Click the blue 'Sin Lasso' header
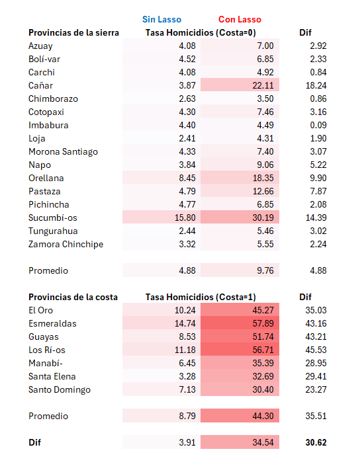pos(161,19)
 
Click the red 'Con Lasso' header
pos(240,19)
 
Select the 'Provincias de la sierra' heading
pos(73,33)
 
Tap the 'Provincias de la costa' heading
pos(73,297)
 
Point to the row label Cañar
pos(41,85)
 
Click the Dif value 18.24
pos(316,85)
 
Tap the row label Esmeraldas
pos(52,323)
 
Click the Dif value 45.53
pos(316,350)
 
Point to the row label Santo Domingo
pos(60,390)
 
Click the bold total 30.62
pos(316,442)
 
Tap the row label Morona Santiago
pos(63,152)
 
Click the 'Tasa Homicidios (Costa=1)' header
pos(201,297)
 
